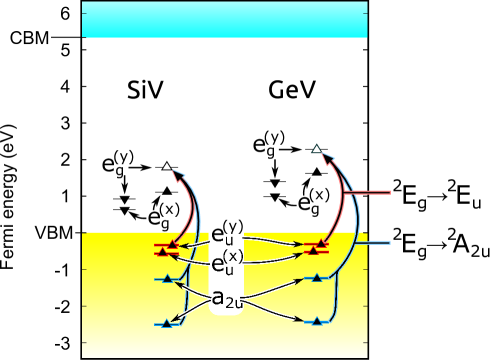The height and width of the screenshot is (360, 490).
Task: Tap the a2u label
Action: coord(228,297)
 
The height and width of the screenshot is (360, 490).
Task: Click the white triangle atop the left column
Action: coord(167,166)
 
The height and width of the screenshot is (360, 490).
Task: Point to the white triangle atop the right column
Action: coord(317,149)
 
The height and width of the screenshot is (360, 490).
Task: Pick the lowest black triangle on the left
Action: coord(166,323)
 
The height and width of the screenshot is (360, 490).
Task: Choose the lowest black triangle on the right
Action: coord(317,321)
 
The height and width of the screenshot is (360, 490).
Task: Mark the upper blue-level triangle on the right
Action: coord(318,277)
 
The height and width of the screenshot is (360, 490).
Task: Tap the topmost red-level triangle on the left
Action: coord(172,244)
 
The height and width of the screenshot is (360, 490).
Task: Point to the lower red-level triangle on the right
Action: coord(313,250)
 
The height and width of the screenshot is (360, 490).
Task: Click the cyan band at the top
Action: coord(224,19)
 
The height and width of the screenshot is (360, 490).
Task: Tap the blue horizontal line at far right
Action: coord(371,242)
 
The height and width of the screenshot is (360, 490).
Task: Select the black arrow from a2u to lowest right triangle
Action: coord(276,312)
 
